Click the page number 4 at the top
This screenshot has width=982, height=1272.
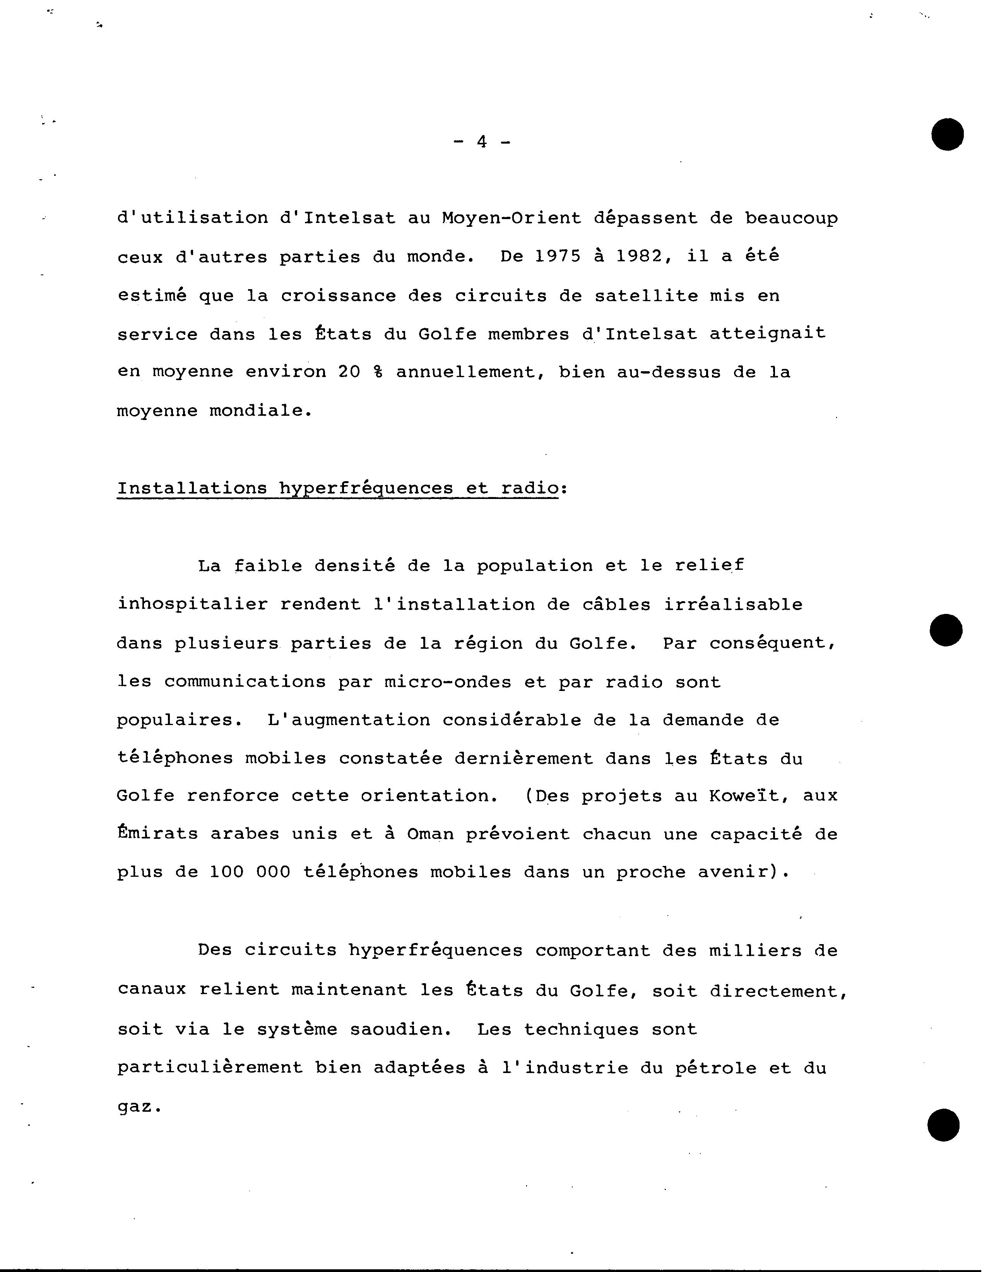tap(481, 142)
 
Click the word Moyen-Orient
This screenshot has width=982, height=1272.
tap(512, 218)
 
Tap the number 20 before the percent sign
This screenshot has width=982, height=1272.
tap(349, 372)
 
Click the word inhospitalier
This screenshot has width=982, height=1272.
tap(192, 605)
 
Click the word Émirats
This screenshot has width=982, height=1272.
tap(157, 834)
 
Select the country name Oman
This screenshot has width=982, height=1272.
tap(430, 834)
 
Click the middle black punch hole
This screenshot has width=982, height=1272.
tap(946, 630)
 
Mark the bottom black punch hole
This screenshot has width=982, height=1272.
tap(944, 1125)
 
